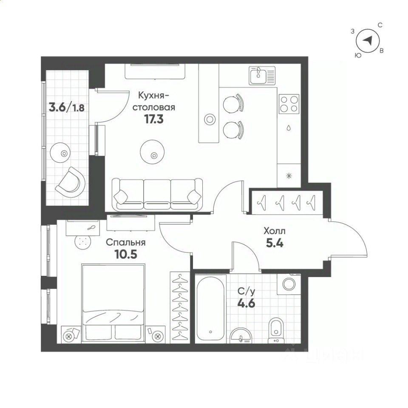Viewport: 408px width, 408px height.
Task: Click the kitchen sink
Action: click(x=262, y=75)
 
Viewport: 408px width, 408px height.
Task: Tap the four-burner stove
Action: click(x=289, y=104)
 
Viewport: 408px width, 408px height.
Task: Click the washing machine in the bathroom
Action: click(x=289, y=284)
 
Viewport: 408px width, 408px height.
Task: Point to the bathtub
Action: click(x=210, y=309)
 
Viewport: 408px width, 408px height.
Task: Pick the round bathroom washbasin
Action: click(x=241, y=336)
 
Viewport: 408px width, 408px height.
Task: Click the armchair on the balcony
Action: click(x=71, y=183)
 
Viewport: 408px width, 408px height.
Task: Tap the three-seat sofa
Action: click(x=157, y=195)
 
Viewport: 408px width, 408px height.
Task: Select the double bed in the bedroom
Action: click(x=113, y=303)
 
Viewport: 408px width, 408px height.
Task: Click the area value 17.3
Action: click(x=154, y=119)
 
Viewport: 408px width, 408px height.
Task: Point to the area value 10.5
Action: click(x=126, y=254)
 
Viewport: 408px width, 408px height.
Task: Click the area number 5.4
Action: click(x=275, y=243)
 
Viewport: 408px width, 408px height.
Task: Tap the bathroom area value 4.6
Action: click(x=246, y=303)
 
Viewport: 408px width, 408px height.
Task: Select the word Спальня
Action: click(x=126, y=243)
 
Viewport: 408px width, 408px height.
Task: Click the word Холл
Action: click(x=275, y=231)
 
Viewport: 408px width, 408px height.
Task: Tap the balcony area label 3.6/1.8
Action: click(x=67, y=108)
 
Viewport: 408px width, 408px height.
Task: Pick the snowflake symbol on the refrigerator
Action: click(x=289, y=176)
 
